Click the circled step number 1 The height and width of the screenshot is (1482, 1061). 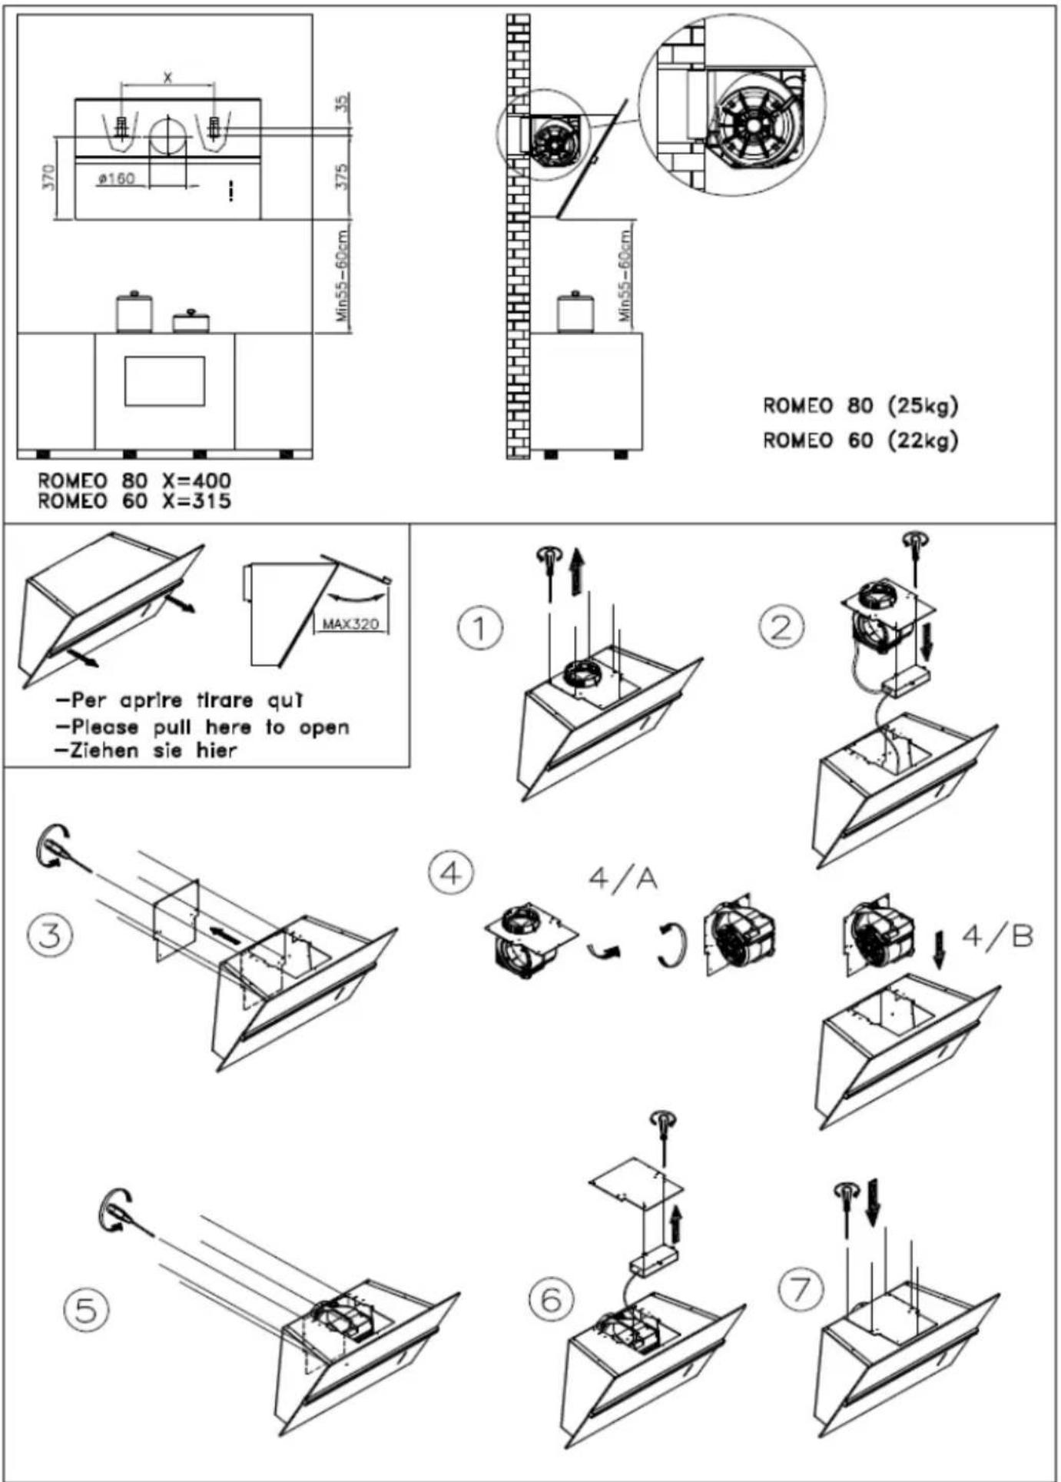click(x=480, y=628)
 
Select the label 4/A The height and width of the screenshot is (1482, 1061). click(x=623, y=879)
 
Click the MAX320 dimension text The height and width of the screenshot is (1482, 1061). click(x=350, y=623)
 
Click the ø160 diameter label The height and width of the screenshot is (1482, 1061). click(x=117, y=179)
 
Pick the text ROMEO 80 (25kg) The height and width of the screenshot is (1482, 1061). click(x=860, y=406)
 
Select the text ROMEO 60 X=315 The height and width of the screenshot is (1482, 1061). click(x=134, y=501)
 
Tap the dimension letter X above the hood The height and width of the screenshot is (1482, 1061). click(x=168, y=78)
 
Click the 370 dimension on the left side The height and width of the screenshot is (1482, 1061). click(x=49, y=179)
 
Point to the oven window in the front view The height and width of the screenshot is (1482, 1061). click(x=164, y=380)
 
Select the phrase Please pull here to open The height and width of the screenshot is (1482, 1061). click(x=204, y=726)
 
